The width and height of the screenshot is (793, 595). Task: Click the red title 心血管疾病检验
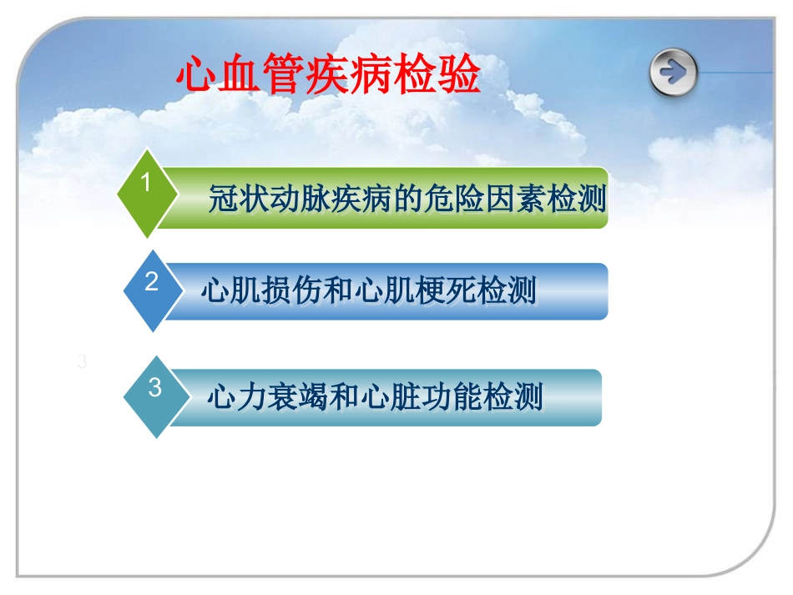(x=328, y=77)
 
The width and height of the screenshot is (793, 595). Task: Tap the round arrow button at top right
(x=673, y=73)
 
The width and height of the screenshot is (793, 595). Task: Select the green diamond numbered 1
(x=146, y=192)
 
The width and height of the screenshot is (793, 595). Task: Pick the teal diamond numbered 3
(x=154, y=396)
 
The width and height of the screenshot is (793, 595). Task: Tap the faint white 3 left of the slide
(x=81, y=362)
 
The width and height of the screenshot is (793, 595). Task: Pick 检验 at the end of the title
(x=451, y=77)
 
